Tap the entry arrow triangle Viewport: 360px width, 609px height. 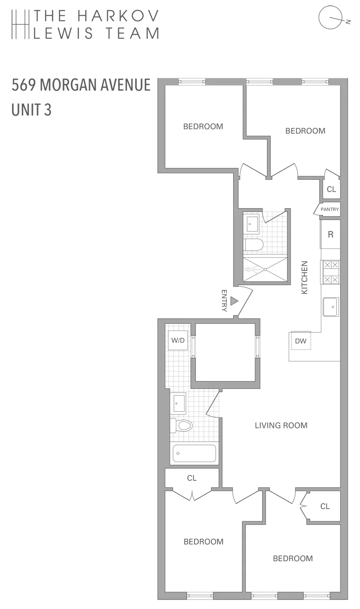tap(234, 301)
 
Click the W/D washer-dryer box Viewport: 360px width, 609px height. tap(178, 340)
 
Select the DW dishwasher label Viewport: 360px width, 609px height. tap(301, 341)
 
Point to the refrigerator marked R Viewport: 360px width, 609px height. tap(330, 234)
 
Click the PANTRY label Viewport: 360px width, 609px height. tap(330, 209)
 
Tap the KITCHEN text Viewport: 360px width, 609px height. tap(305, 277)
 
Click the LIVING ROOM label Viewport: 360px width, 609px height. tap(281, 425)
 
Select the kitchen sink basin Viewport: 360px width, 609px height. tap(331, 307)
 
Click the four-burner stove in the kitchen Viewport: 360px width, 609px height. tap(330, 272)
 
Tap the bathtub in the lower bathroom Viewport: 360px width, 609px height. tap(194, 454)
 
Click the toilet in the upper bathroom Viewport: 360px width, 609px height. tap(254, 245)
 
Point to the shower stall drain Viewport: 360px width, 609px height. tap(265, 269)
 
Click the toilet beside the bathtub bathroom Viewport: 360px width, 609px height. tap(182, 425)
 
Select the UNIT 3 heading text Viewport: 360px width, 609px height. tap(32, 110)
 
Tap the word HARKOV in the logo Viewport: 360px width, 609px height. tap(118, 16)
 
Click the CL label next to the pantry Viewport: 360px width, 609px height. tap(332, 190)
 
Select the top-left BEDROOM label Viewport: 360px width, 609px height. tap(203, 126)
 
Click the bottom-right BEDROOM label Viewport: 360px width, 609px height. tap(293, 558)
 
